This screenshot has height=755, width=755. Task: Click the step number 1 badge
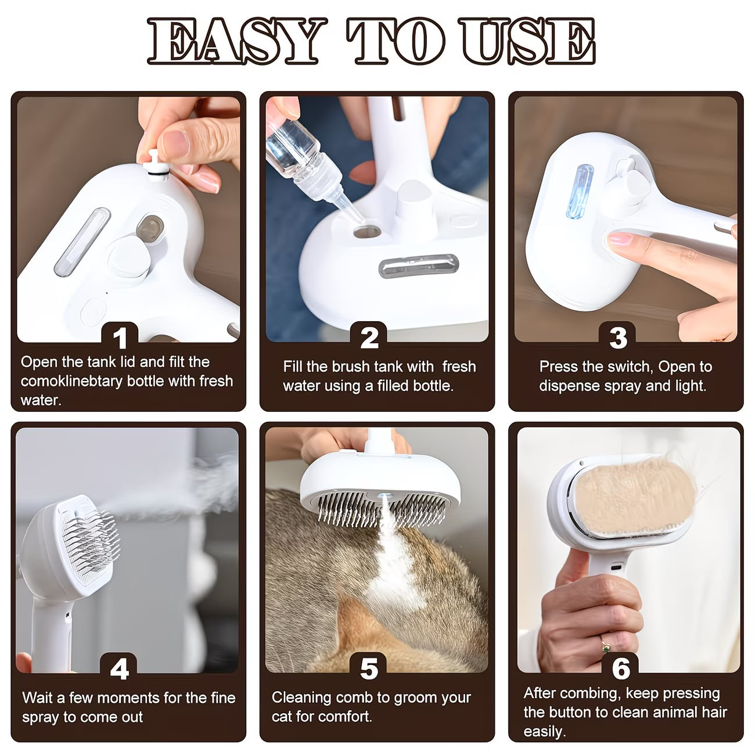[120, 337]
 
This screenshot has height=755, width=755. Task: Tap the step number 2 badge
[369, 337]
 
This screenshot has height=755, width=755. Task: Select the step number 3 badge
[618, 337]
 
